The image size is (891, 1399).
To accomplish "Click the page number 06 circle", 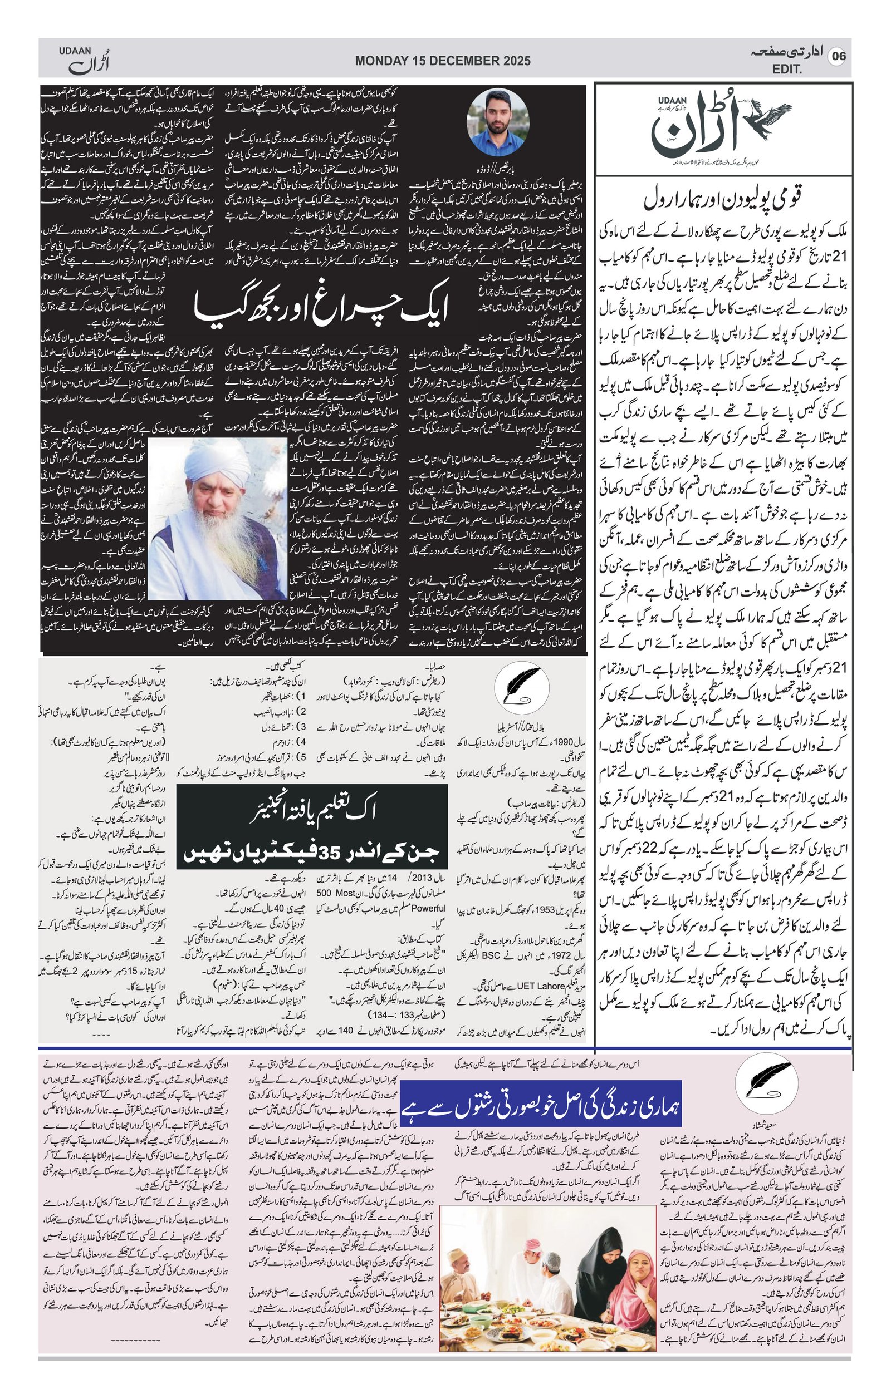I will (838, 56).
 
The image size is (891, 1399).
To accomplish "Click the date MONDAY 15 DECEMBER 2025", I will (443, 61).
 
